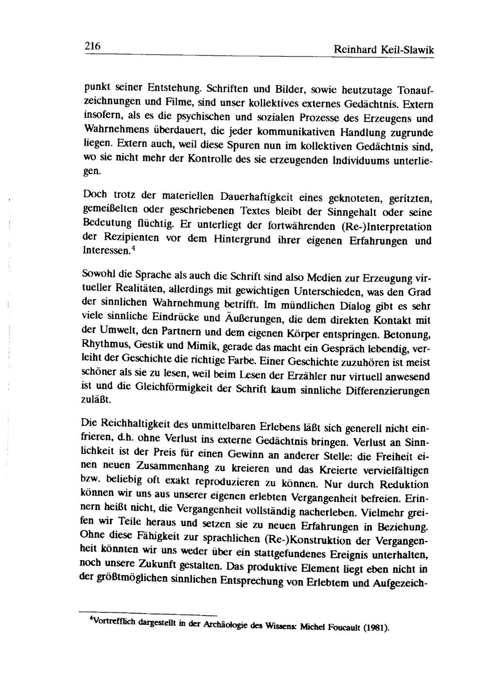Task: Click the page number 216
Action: point(92,46)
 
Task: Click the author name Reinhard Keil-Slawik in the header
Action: point(383,49)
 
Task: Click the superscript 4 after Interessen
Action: point(133,248)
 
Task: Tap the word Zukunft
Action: point(146,565)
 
